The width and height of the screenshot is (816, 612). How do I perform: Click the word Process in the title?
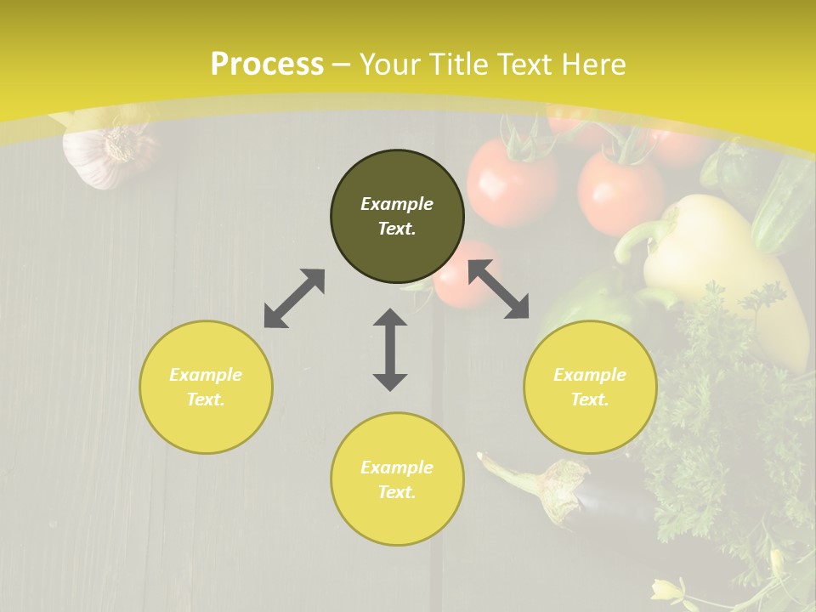click(267, 65)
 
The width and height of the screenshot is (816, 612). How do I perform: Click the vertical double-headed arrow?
click(390, 349)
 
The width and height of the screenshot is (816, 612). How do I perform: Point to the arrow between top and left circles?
click(294, 298)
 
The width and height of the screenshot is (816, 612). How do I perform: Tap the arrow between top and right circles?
click(498, 289)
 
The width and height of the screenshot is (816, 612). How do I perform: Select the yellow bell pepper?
click(722, 263)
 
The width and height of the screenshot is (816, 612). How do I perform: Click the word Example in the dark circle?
click(397, 204)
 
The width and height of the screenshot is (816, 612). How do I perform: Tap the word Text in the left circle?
click(206, 399)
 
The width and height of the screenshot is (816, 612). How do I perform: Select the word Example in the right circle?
click(590, 375)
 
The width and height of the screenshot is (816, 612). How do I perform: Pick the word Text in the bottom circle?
click(397, 492)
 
